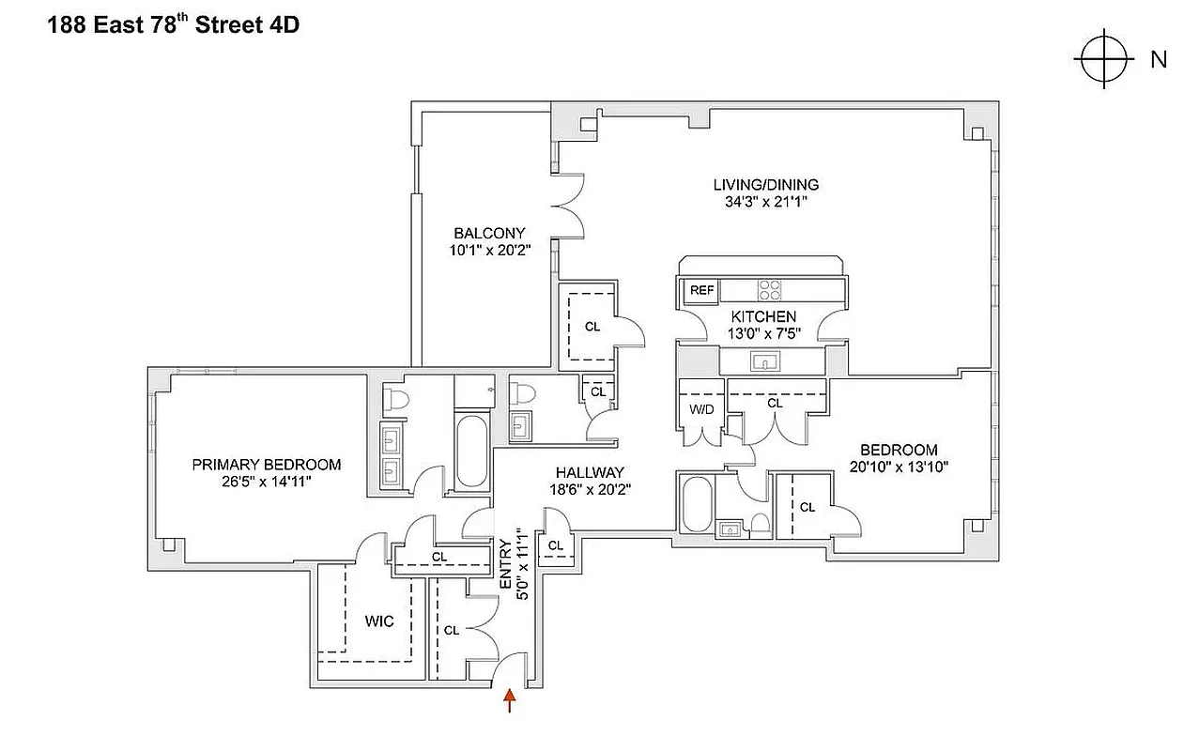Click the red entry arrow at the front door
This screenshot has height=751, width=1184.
coord(510,700)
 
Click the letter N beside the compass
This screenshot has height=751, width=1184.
coord(1159,59)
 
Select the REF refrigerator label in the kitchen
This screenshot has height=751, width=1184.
coord(701,290)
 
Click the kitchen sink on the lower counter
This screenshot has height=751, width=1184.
coord(761,360)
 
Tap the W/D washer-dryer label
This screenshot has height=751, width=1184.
coord(700,409)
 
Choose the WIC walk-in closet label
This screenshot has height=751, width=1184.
coord(379,621)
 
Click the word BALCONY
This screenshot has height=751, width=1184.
coord(489,233)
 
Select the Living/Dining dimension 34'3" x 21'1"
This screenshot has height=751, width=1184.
coord(765,202)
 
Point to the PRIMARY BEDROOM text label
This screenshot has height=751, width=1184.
coord(267,464)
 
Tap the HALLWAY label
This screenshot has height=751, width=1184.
coord(589,472)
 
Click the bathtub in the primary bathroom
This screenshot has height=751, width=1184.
coord(470,451)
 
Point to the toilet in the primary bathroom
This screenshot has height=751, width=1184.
coord(396,398)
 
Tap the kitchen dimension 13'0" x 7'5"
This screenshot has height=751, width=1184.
coord(762,333)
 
